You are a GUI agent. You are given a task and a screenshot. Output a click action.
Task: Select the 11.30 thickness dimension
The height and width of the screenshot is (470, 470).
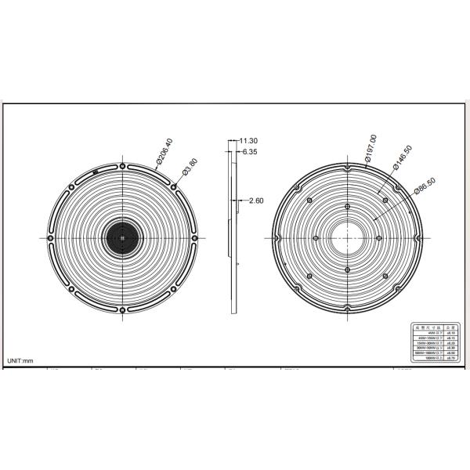point(249,141)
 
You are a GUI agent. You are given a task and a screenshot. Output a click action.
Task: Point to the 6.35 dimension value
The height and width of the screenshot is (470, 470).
point(251,151)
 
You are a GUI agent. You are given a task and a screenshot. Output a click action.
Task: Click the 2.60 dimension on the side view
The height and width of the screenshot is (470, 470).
point(255,201)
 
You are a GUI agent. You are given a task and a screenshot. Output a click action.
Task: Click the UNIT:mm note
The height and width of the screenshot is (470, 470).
point(21,360)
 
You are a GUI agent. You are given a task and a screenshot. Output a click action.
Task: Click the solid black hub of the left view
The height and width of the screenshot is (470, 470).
point(122,237)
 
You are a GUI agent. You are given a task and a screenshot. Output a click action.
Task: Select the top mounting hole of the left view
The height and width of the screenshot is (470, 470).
point(122,165)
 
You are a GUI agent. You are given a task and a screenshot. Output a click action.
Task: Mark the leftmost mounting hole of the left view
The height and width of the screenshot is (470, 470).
point(51,237)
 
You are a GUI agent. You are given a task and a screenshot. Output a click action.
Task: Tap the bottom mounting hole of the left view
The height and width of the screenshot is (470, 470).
point(122,309)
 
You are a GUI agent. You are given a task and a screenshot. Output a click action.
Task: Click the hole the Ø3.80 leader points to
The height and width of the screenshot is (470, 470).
point(173,187)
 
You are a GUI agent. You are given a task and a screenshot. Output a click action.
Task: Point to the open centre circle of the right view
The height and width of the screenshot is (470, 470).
point(345,237)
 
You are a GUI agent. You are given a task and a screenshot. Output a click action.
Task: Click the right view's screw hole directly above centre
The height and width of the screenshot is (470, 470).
point(345,202)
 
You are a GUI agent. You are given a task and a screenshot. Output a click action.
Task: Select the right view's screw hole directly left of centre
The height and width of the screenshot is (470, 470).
point(314,237)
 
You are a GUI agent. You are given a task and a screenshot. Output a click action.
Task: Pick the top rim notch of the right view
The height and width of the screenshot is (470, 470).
point(345,166)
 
